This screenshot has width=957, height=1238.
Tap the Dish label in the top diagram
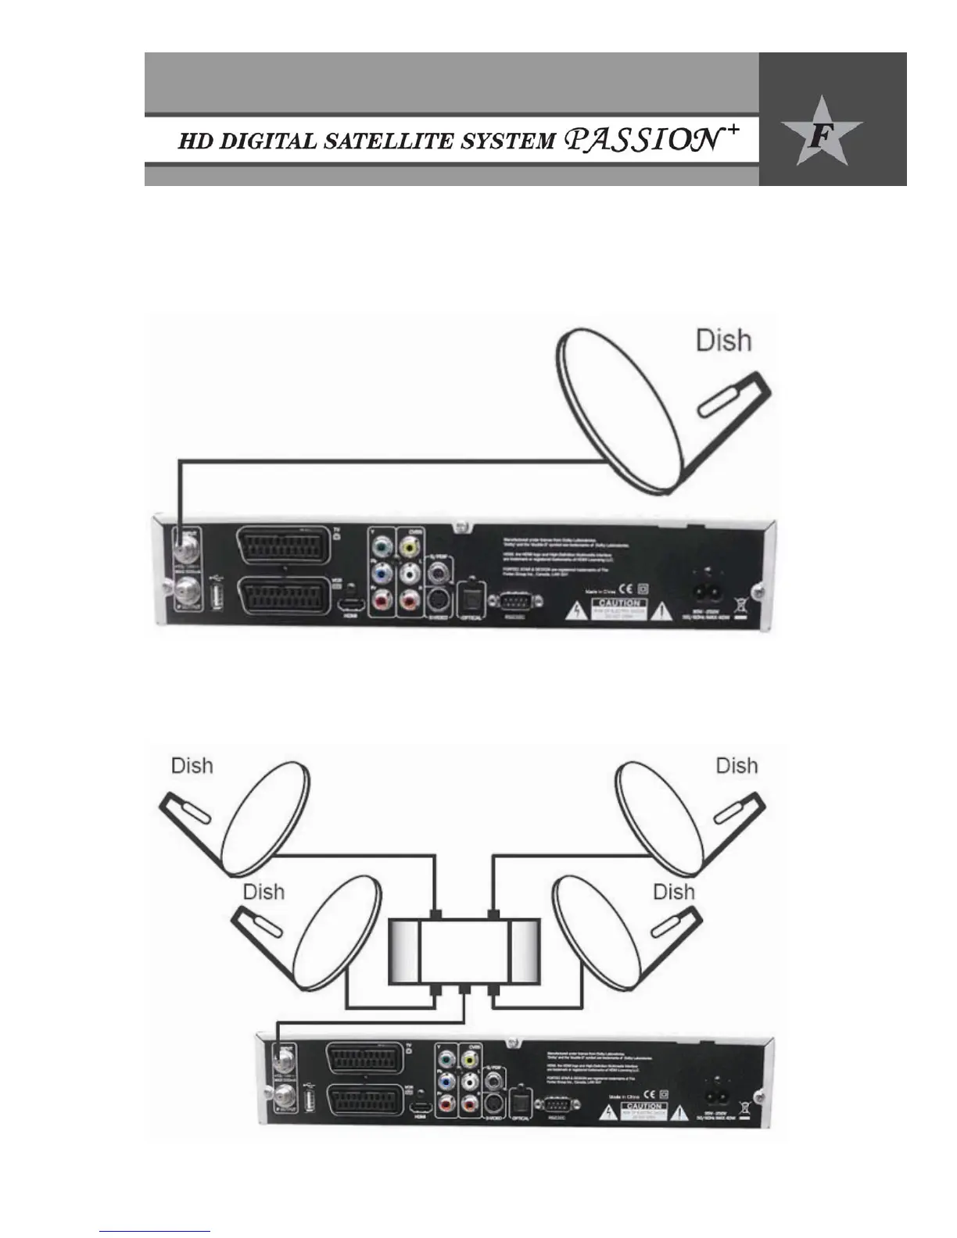[x=724, y=341]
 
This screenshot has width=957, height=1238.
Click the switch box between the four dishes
[x=464, y=951]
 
